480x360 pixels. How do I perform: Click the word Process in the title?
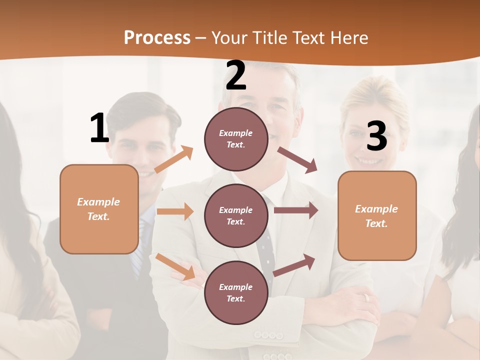pos(157,37)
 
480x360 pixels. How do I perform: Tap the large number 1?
pos(99,128)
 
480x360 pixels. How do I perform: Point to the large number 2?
pos(236,75)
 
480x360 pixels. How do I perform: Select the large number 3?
pos(376,136)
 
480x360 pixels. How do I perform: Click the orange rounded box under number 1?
pos(99,209)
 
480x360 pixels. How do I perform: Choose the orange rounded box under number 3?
pos(377,215)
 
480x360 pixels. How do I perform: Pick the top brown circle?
pos(236,139)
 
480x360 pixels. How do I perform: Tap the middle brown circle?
pos(236,215)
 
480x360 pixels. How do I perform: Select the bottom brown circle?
pos(236,292)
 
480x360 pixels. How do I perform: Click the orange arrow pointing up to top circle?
pos(174,159)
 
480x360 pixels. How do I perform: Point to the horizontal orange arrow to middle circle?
pos(175,211)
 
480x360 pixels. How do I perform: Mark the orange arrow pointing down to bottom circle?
pos(175,266)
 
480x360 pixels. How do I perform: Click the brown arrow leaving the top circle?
pos(297,159)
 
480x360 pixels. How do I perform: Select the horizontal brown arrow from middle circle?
pos(296,210)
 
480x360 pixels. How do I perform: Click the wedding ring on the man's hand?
pos(366,297)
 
